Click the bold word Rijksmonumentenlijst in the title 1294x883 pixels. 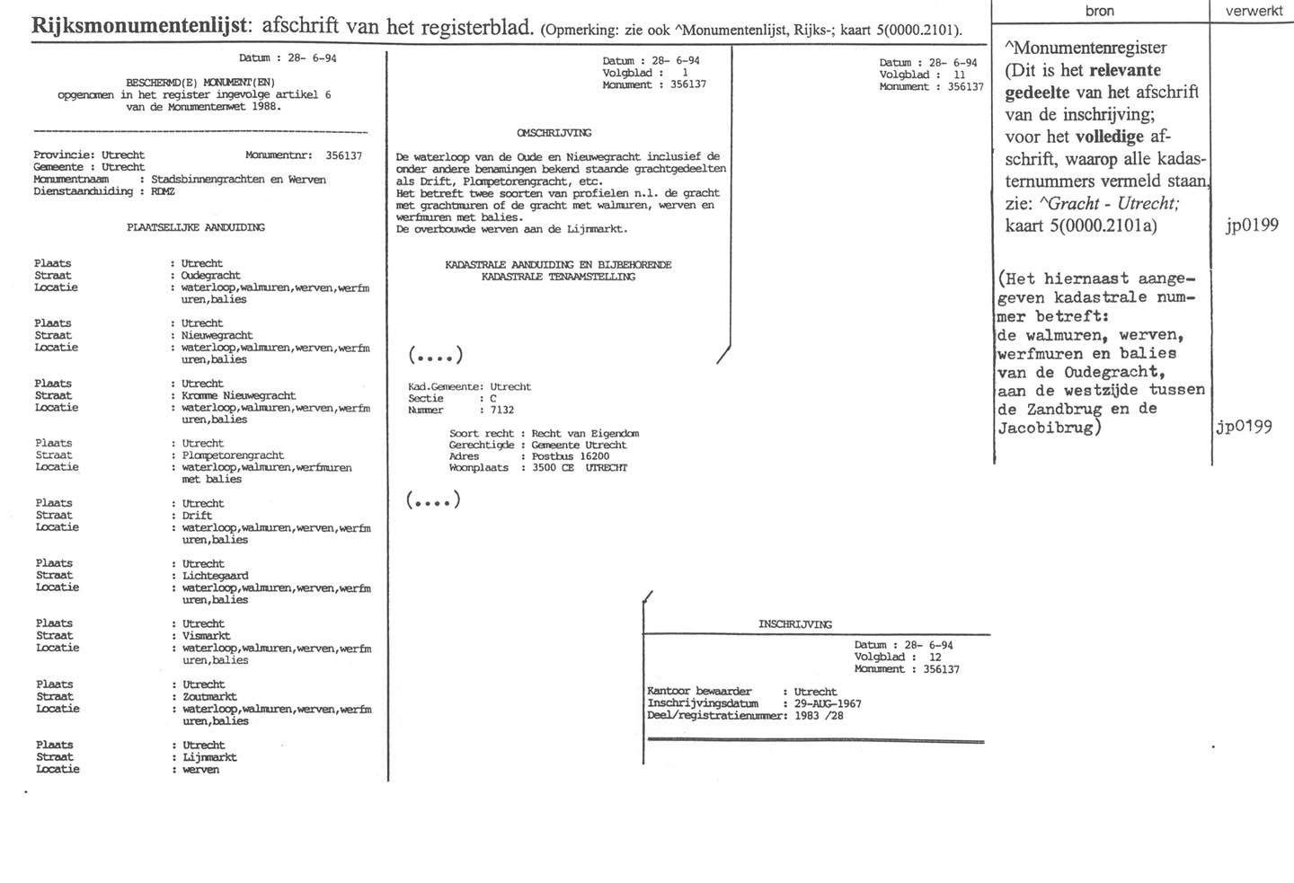coord(139,25)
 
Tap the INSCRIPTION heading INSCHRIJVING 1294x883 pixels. coord(794,624)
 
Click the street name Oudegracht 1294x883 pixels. coord(210,276)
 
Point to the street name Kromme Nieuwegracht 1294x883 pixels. coord(238,395)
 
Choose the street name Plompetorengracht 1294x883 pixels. coord(233,455)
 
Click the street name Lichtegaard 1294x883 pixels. coord(215,576)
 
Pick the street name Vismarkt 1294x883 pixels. coord(206,636)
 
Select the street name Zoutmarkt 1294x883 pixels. coord(209,696)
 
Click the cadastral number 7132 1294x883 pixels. coord(501,411)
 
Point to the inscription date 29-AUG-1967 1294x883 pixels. coord(828,704)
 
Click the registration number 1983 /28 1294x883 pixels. coord(819,716)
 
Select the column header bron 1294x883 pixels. coord(1099,12)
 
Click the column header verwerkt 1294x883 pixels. coord(1254,12)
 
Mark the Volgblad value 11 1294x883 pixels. coord(960,75)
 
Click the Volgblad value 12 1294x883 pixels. coord(935,658)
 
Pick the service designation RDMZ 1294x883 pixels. coord(163,191)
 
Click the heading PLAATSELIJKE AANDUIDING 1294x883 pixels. coord(195,227)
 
